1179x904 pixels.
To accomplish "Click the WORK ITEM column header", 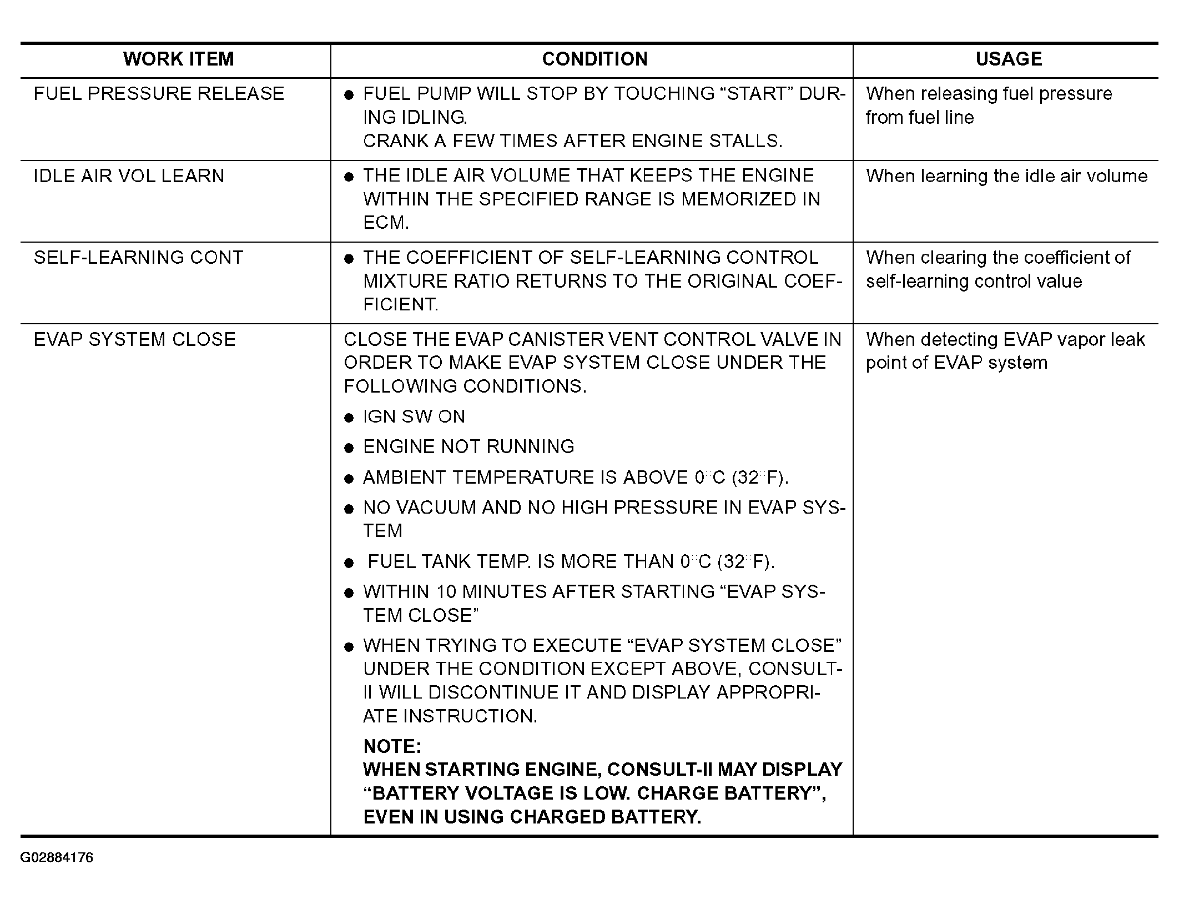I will pos(178,59).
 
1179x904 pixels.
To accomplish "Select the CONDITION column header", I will pos(594,59).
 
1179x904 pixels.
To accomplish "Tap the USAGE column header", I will pos(1009,59).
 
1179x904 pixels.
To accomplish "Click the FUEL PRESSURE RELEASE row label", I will pos(159,94).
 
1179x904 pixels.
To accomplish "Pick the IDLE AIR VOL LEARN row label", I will pos(129,176).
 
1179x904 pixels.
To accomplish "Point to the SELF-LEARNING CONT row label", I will pos(138,258).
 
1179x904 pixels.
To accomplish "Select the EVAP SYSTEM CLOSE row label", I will pos(134,339).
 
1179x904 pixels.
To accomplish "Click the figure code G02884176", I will pos(57,857).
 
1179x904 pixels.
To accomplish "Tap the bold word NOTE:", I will pos(392,746).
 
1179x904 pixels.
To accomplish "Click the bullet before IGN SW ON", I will pos(349,418).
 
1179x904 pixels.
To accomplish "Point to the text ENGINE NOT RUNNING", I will pos(468,446).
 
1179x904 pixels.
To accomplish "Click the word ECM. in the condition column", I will pos(386,223).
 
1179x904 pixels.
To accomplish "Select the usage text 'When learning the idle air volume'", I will pos(1006,176).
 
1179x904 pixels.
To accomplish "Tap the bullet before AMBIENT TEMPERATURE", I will pos(349,478).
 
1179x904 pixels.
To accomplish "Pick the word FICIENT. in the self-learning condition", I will pos(400,304).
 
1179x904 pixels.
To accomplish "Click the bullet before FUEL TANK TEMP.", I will pos(349,563).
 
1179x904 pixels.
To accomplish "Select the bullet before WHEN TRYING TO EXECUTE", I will pos(349,646).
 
